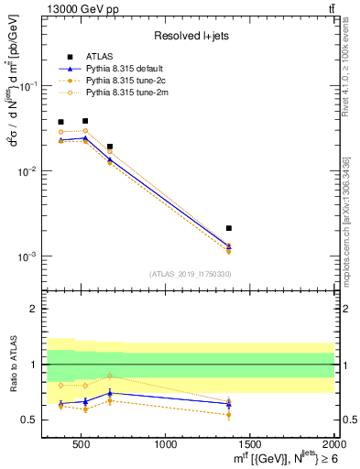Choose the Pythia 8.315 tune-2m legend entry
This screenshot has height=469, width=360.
coord(127,92)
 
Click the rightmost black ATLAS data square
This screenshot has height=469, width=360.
coord(229,228)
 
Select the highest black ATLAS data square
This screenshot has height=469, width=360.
coord(85,121)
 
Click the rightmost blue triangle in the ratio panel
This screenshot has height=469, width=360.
coord(229,404)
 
